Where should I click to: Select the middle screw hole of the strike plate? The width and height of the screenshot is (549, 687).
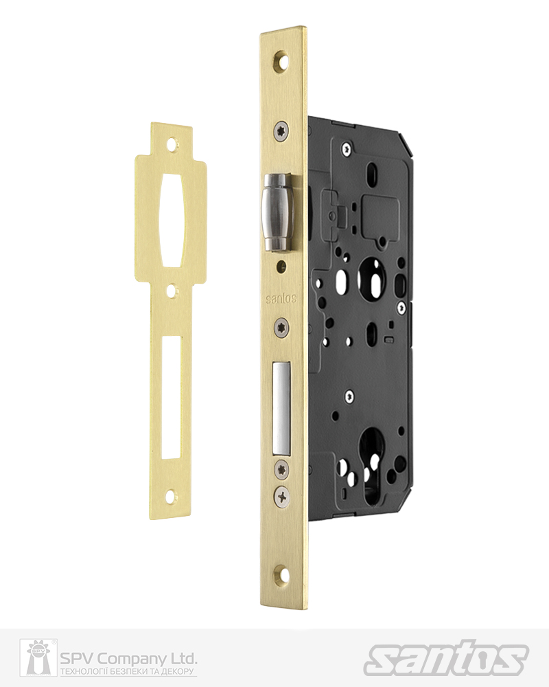172,292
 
